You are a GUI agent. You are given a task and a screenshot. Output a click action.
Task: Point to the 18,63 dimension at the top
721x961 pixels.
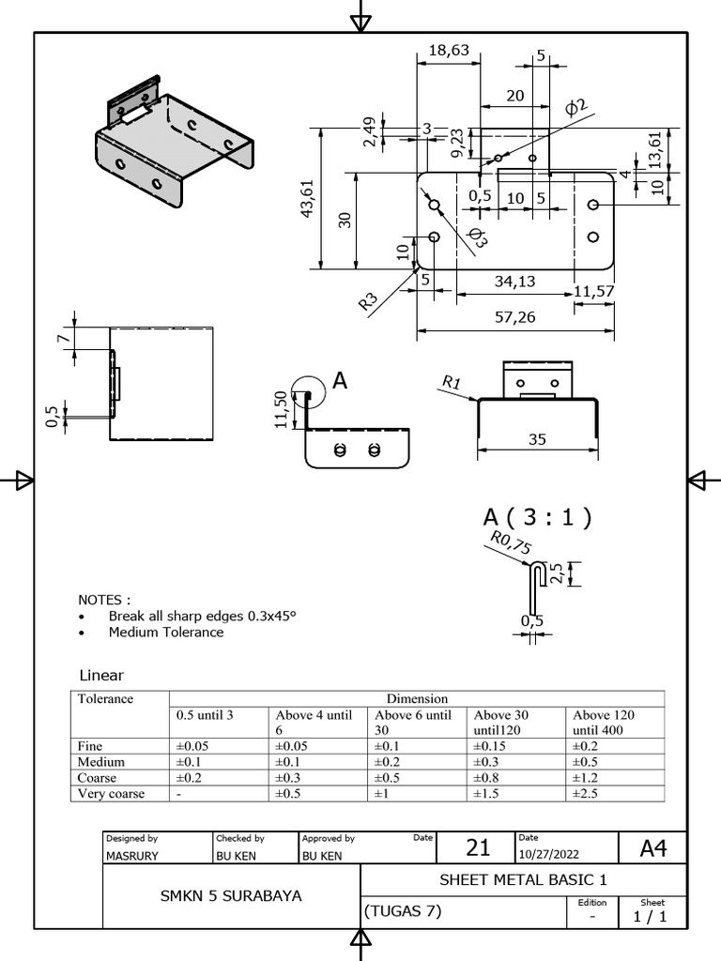448,51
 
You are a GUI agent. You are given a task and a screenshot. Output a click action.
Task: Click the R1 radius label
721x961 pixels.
452,382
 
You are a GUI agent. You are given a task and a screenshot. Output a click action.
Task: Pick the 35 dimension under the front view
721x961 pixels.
537,437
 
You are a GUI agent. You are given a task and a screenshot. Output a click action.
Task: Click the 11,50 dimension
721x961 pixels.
281,410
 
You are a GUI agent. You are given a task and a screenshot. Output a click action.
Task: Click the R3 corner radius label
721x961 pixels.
368,301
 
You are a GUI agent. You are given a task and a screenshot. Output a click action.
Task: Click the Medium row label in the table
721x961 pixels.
101,761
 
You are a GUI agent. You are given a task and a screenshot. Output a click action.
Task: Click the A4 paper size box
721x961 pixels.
652,848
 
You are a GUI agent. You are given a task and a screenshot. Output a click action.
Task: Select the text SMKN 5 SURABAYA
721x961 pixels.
231,896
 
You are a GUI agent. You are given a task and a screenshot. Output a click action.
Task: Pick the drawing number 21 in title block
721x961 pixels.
478,847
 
